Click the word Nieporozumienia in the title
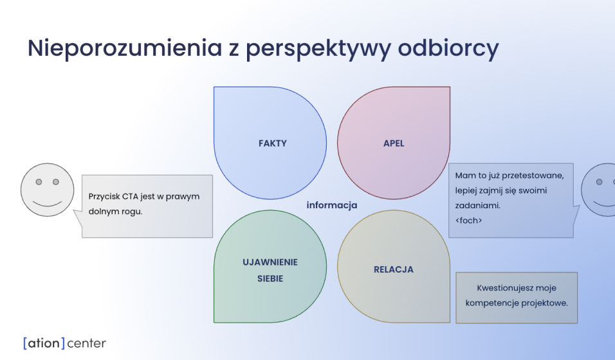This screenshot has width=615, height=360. tap(125, 48)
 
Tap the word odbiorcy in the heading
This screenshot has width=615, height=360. tap(448, 49)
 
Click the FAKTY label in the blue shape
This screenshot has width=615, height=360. tap(273, 143)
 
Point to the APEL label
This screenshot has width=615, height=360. tap(394, 143)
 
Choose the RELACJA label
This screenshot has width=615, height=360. tap(394, 269)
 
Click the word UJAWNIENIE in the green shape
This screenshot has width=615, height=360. tap(270, 262)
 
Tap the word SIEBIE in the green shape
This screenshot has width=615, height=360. tap(270, 278)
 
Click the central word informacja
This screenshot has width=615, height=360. tap(332, 206)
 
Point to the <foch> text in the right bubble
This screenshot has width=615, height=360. tap(469, 221)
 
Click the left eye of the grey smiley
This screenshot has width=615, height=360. tap(39, 182)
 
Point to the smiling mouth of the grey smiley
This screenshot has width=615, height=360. tap(47, 204)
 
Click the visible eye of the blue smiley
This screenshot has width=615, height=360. tap(599, 182)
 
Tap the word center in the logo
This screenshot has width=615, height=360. tap(86, 343)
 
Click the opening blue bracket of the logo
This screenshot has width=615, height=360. tap(25, 343)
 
